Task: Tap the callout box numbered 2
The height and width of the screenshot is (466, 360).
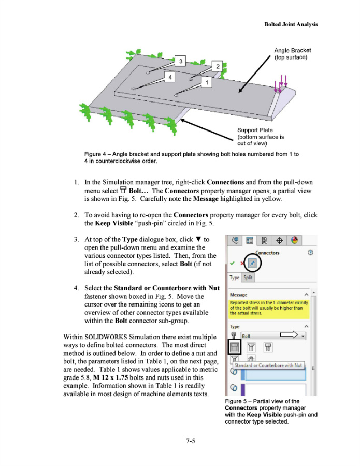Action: click(x=218, y=67)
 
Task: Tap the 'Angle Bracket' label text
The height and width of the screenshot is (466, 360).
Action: click(x=293, y=51)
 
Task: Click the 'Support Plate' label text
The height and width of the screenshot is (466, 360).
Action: click(x=255, y=130)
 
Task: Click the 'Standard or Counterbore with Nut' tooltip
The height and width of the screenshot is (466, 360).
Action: click(x=268, y=365)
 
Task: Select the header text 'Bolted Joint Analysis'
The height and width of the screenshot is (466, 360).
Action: click(x=291, y=24)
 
